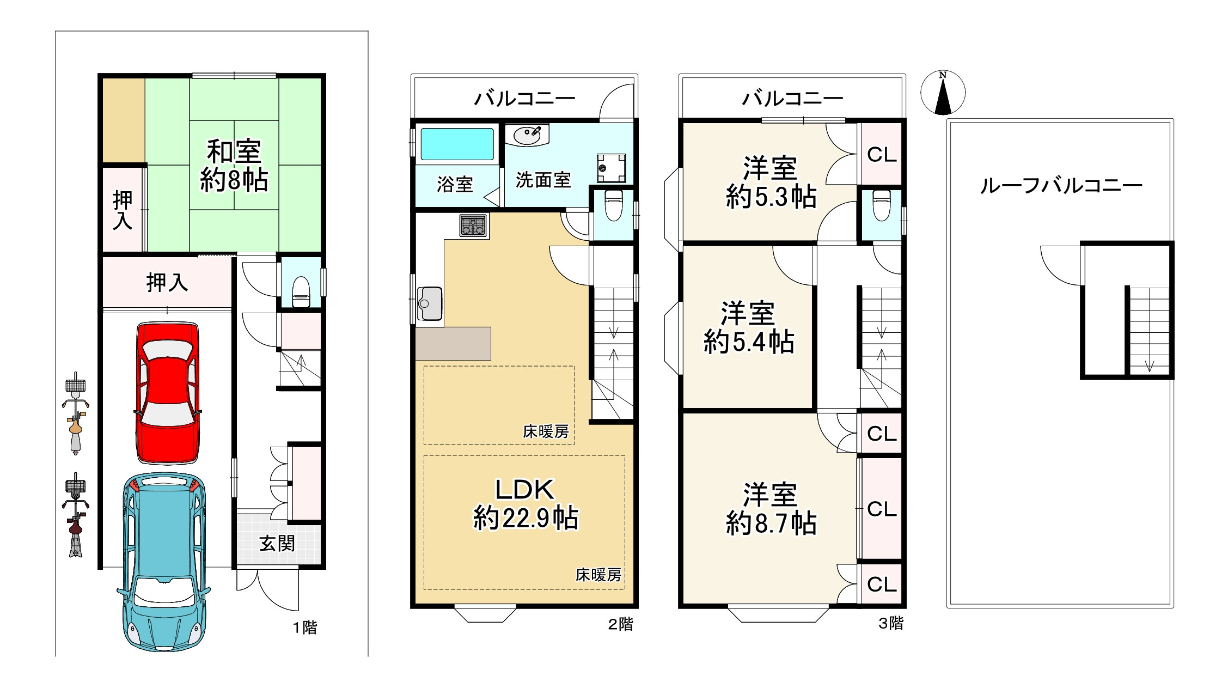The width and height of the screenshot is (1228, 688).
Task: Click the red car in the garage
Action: [x=167, y=393]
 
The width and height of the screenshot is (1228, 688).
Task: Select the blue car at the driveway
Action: [x=164, y=562]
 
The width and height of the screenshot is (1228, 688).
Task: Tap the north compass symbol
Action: [x=943, y=93]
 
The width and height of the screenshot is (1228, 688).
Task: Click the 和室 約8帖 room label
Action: [x=234, y=166]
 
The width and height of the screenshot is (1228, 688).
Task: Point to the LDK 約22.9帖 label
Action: [x=526, y=504]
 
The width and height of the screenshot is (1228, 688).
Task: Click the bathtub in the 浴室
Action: [x=457, y=144]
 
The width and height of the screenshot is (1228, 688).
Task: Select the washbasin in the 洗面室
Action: [x=527, y=135]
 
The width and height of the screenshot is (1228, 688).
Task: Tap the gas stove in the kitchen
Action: [x=473, y=226]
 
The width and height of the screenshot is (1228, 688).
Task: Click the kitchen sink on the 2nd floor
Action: [x=430, y=303]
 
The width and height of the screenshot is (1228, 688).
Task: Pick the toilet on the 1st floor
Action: [x=301, y=293]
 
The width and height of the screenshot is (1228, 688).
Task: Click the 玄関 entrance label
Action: [x=277, y=544]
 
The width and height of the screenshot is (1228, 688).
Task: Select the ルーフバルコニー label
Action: [x=1060, y=186]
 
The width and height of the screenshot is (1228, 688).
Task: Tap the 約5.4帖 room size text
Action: [x=749, y=342]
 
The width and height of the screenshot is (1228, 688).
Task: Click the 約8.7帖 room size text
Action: [x=771, y=522]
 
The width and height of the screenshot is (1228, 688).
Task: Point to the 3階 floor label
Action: [x=891, y=623]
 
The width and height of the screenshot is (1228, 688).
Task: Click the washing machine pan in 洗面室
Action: [x=611, y=168]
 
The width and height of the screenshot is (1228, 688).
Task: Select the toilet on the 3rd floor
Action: [x=881, y=205]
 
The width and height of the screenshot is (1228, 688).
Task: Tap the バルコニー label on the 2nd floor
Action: [x=524, y=99]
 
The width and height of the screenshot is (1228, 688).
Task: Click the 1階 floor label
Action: [x=305, y=628]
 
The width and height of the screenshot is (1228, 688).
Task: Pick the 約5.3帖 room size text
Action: [x=771, y=196]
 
